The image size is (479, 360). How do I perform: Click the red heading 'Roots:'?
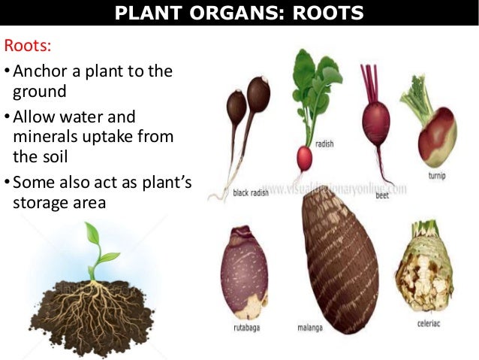[x=28, y=46]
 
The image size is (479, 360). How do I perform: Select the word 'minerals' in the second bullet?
[x=44, y=137]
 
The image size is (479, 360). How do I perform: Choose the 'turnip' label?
[x=438, y=176]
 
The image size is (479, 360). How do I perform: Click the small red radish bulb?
[x=304, y=158]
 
